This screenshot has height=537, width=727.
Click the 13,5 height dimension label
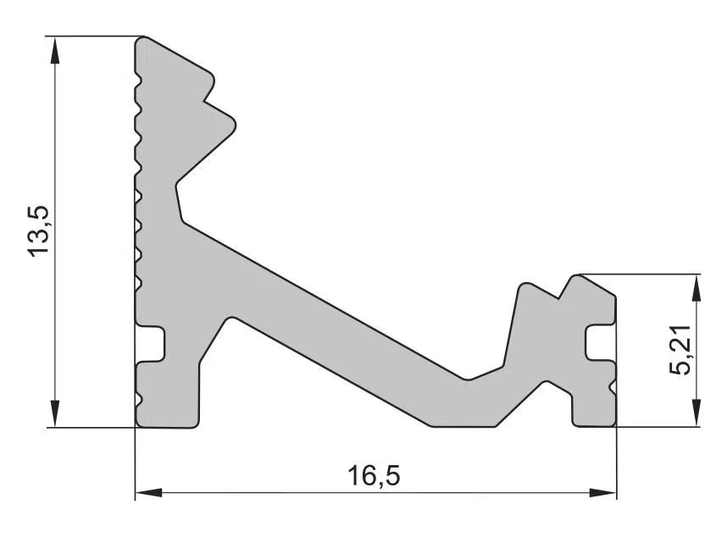coord(38,230)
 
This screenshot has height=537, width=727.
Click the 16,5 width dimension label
coord(374,476)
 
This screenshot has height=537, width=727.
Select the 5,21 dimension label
coord(680,351)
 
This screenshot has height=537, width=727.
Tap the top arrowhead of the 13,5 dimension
coord(55,50)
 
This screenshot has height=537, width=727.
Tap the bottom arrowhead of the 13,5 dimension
coord(55,413)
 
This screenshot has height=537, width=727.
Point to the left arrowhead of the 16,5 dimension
coord(148,492)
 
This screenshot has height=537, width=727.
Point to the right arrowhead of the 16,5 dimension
coord(603,492)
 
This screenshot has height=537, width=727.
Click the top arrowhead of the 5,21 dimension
coord(696,287)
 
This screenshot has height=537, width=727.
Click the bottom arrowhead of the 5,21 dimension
coord(696,413)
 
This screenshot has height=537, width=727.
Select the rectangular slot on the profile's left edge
coord(151,344)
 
